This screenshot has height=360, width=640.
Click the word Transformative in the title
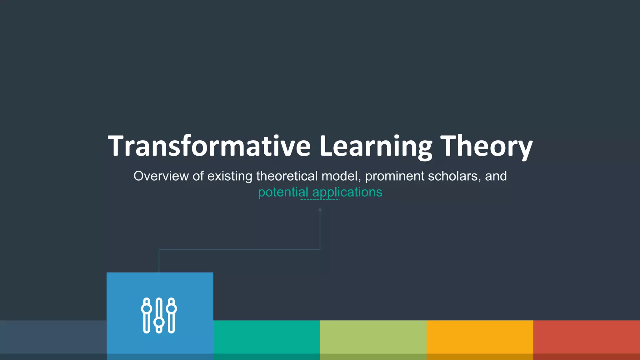tap(209, 146)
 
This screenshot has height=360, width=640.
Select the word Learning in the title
tap(376, 146)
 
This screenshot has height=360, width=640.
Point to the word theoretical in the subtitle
tap(287, 176)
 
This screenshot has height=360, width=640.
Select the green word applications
tap(347, 192)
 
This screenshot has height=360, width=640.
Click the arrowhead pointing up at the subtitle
tap(320, 209)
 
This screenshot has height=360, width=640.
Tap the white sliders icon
tap(159, 315)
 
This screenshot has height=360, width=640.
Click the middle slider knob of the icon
tap(159, 322)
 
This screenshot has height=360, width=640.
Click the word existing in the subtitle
tap(230, 176)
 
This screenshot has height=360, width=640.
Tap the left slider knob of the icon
tap(147, 309)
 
